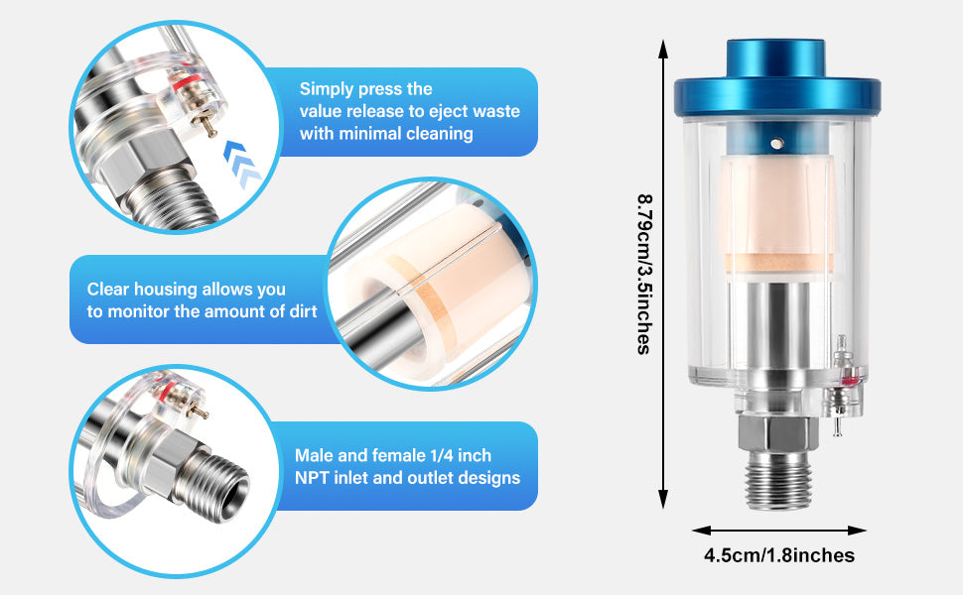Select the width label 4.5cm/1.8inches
[779, 556]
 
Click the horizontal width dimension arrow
[779, 532]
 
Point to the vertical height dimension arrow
[663, 273]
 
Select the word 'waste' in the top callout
[495, 112]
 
